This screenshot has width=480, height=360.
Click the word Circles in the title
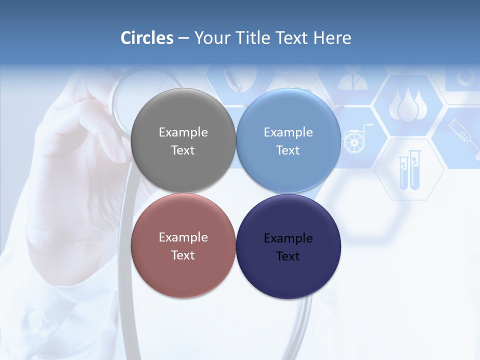click(147, 38)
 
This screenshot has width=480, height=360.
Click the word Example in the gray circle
click(183, 132)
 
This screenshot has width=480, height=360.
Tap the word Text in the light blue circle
click(288, 150)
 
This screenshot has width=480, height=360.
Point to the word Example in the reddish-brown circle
click(183, 237)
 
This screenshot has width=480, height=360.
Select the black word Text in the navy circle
click(288, 256)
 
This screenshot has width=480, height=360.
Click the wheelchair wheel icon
click(353, 141)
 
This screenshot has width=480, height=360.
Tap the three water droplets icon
click(408, 105)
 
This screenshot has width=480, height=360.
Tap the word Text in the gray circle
click(183, 150)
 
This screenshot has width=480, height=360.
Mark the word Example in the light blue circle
click(288, 132)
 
